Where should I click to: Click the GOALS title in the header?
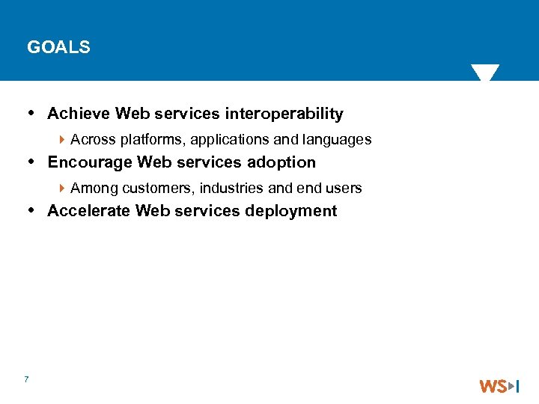click(x=58, y=47)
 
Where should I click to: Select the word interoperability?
click(x=284, y=114)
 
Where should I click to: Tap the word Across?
click(x=93, y=140)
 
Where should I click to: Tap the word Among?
click(x=94, y=188)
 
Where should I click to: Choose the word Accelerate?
click(x=89, y=211)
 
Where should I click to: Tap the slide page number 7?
click(x=26, y=379)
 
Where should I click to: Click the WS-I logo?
click(x=499, y=386)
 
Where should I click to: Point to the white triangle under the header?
click(x=485, y=73)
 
